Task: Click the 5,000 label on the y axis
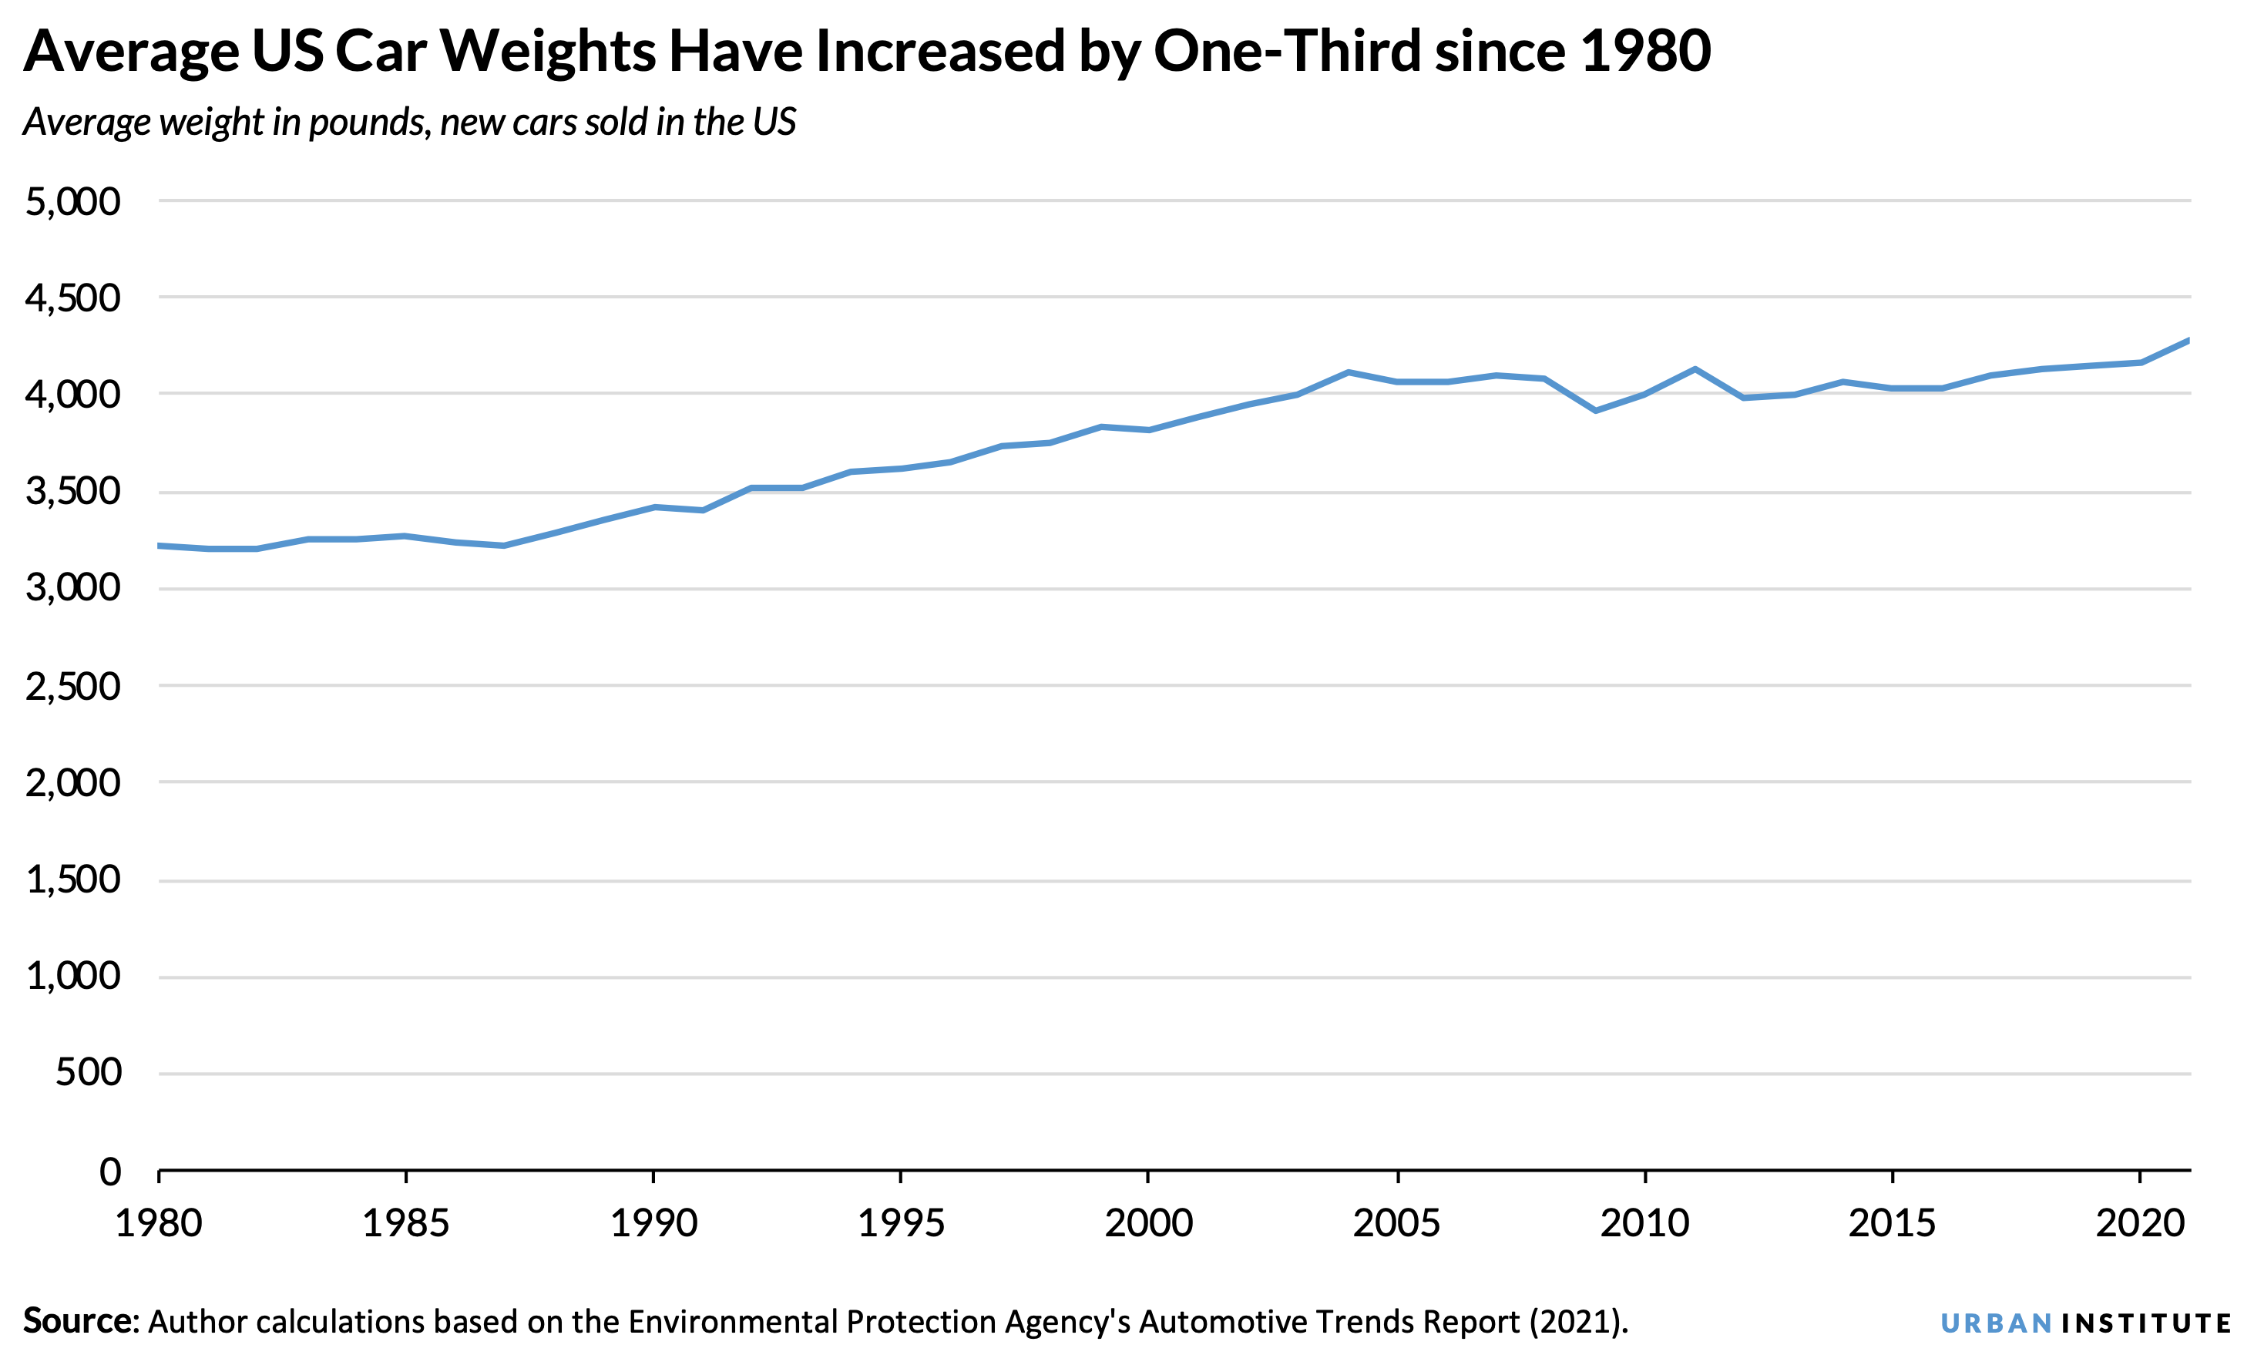73,202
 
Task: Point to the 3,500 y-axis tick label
73,493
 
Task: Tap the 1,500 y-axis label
73,880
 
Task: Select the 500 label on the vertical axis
89,1073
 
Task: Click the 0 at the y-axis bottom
109,1172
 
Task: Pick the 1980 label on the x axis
158,1223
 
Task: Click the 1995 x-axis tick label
901,1223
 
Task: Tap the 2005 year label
1396,1223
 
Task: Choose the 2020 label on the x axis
2140,1223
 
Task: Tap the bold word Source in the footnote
79,1321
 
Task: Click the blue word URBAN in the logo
1997,1324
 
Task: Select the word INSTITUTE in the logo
2146,1324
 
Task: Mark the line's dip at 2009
1595,411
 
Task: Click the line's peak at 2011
1695,369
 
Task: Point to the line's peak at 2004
1349,372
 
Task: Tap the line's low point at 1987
504,546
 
